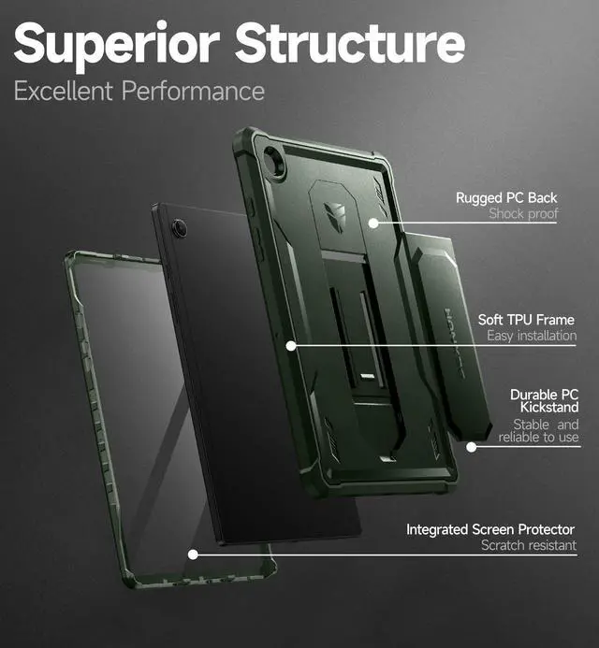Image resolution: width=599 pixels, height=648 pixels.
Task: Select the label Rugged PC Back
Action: [x=506, y=197]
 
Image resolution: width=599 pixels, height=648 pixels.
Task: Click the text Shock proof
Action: [x=523, y=214]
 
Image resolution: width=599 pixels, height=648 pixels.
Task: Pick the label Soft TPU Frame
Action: [x=527, y=319]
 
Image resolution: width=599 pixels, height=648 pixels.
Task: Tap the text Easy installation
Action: [x=531, y=336]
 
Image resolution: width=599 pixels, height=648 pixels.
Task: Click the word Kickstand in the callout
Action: [x=545, y=407]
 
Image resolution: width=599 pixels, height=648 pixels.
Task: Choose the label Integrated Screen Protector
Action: [x=490, y=530]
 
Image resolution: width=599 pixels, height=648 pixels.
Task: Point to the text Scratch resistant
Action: [x=529, y=546]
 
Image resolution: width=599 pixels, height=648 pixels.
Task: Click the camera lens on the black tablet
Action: [x=180, y=227]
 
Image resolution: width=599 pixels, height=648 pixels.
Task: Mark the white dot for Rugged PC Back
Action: [x=373, y=223]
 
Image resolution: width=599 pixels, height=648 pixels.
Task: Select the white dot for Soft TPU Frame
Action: [x=291, y=345]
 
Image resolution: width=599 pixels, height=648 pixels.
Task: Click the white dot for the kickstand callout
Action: [x=472, y=447]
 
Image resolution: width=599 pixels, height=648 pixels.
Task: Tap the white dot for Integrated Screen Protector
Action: [x=194, y=554]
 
